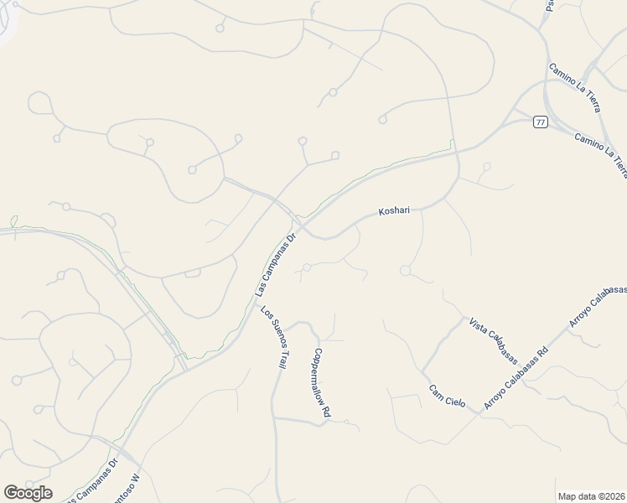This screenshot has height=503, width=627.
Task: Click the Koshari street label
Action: pos(394,211)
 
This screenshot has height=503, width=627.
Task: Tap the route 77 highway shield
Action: pos(540,122)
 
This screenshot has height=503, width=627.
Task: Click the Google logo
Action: pos(28,493)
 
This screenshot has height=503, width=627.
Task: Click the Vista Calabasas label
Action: pos(493,340)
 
